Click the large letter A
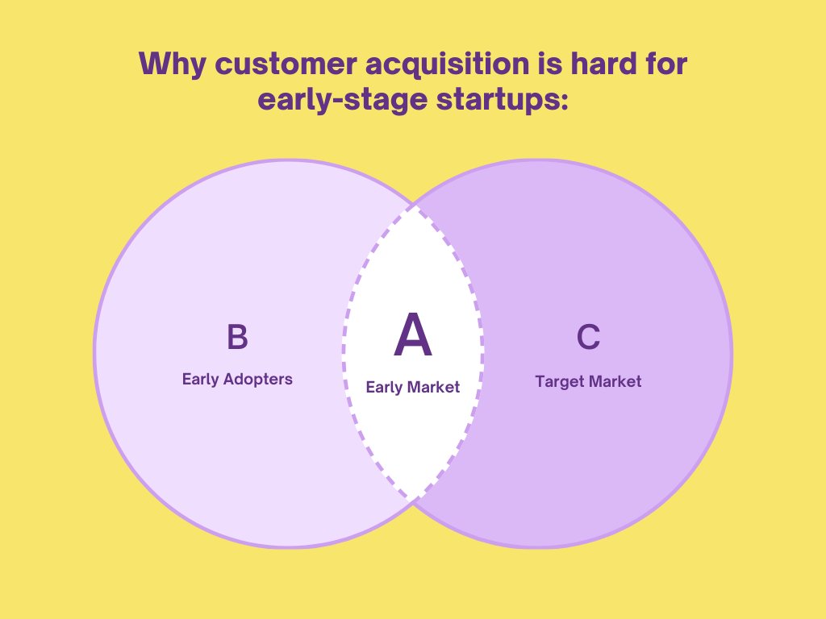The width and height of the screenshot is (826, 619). click(x=412, y=336)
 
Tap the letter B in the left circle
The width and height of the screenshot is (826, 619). click(x=237, y=337)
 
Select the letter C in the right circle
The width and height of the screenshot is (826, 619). click(x=589, y=337)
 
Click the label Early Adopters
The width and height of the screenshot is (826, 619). click(x=237, y=379)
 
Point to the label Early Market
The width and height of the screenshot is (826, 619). click(x=412, y=387)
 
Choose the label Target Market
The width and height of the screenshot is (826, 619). click(x=588, y=380)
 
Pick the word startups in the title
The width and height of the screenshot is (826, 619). click(x=491, y=102)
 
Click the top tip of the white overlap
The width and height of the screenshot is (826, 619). click(x=413, y=206)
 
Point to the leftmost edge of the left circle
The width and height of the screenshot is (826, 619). click(x=94, y=353)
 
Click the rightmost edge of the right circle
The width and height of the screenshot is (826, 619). click(x=732, y=353)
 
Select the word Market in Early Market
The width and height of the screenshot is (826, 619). click(x=433, y=387)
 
